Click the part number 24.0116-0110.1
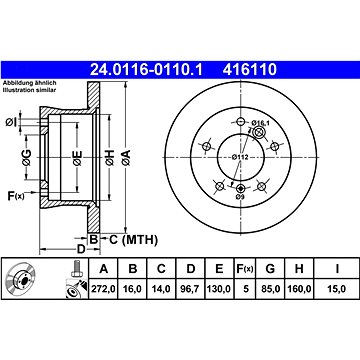(146, 70)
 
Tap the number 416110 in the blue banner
(250, 70)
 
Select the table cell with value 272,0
(103, 289)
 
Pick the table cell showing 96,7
(190, 289)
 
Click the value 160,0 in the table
(299, 289)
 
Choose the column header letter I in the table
(337, 268)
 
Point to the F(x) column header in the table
(245, 268)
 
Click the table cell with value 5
(246, 289)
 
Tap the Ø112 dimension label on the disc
(240, 157)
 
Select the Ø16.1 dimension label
(260, 123)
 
